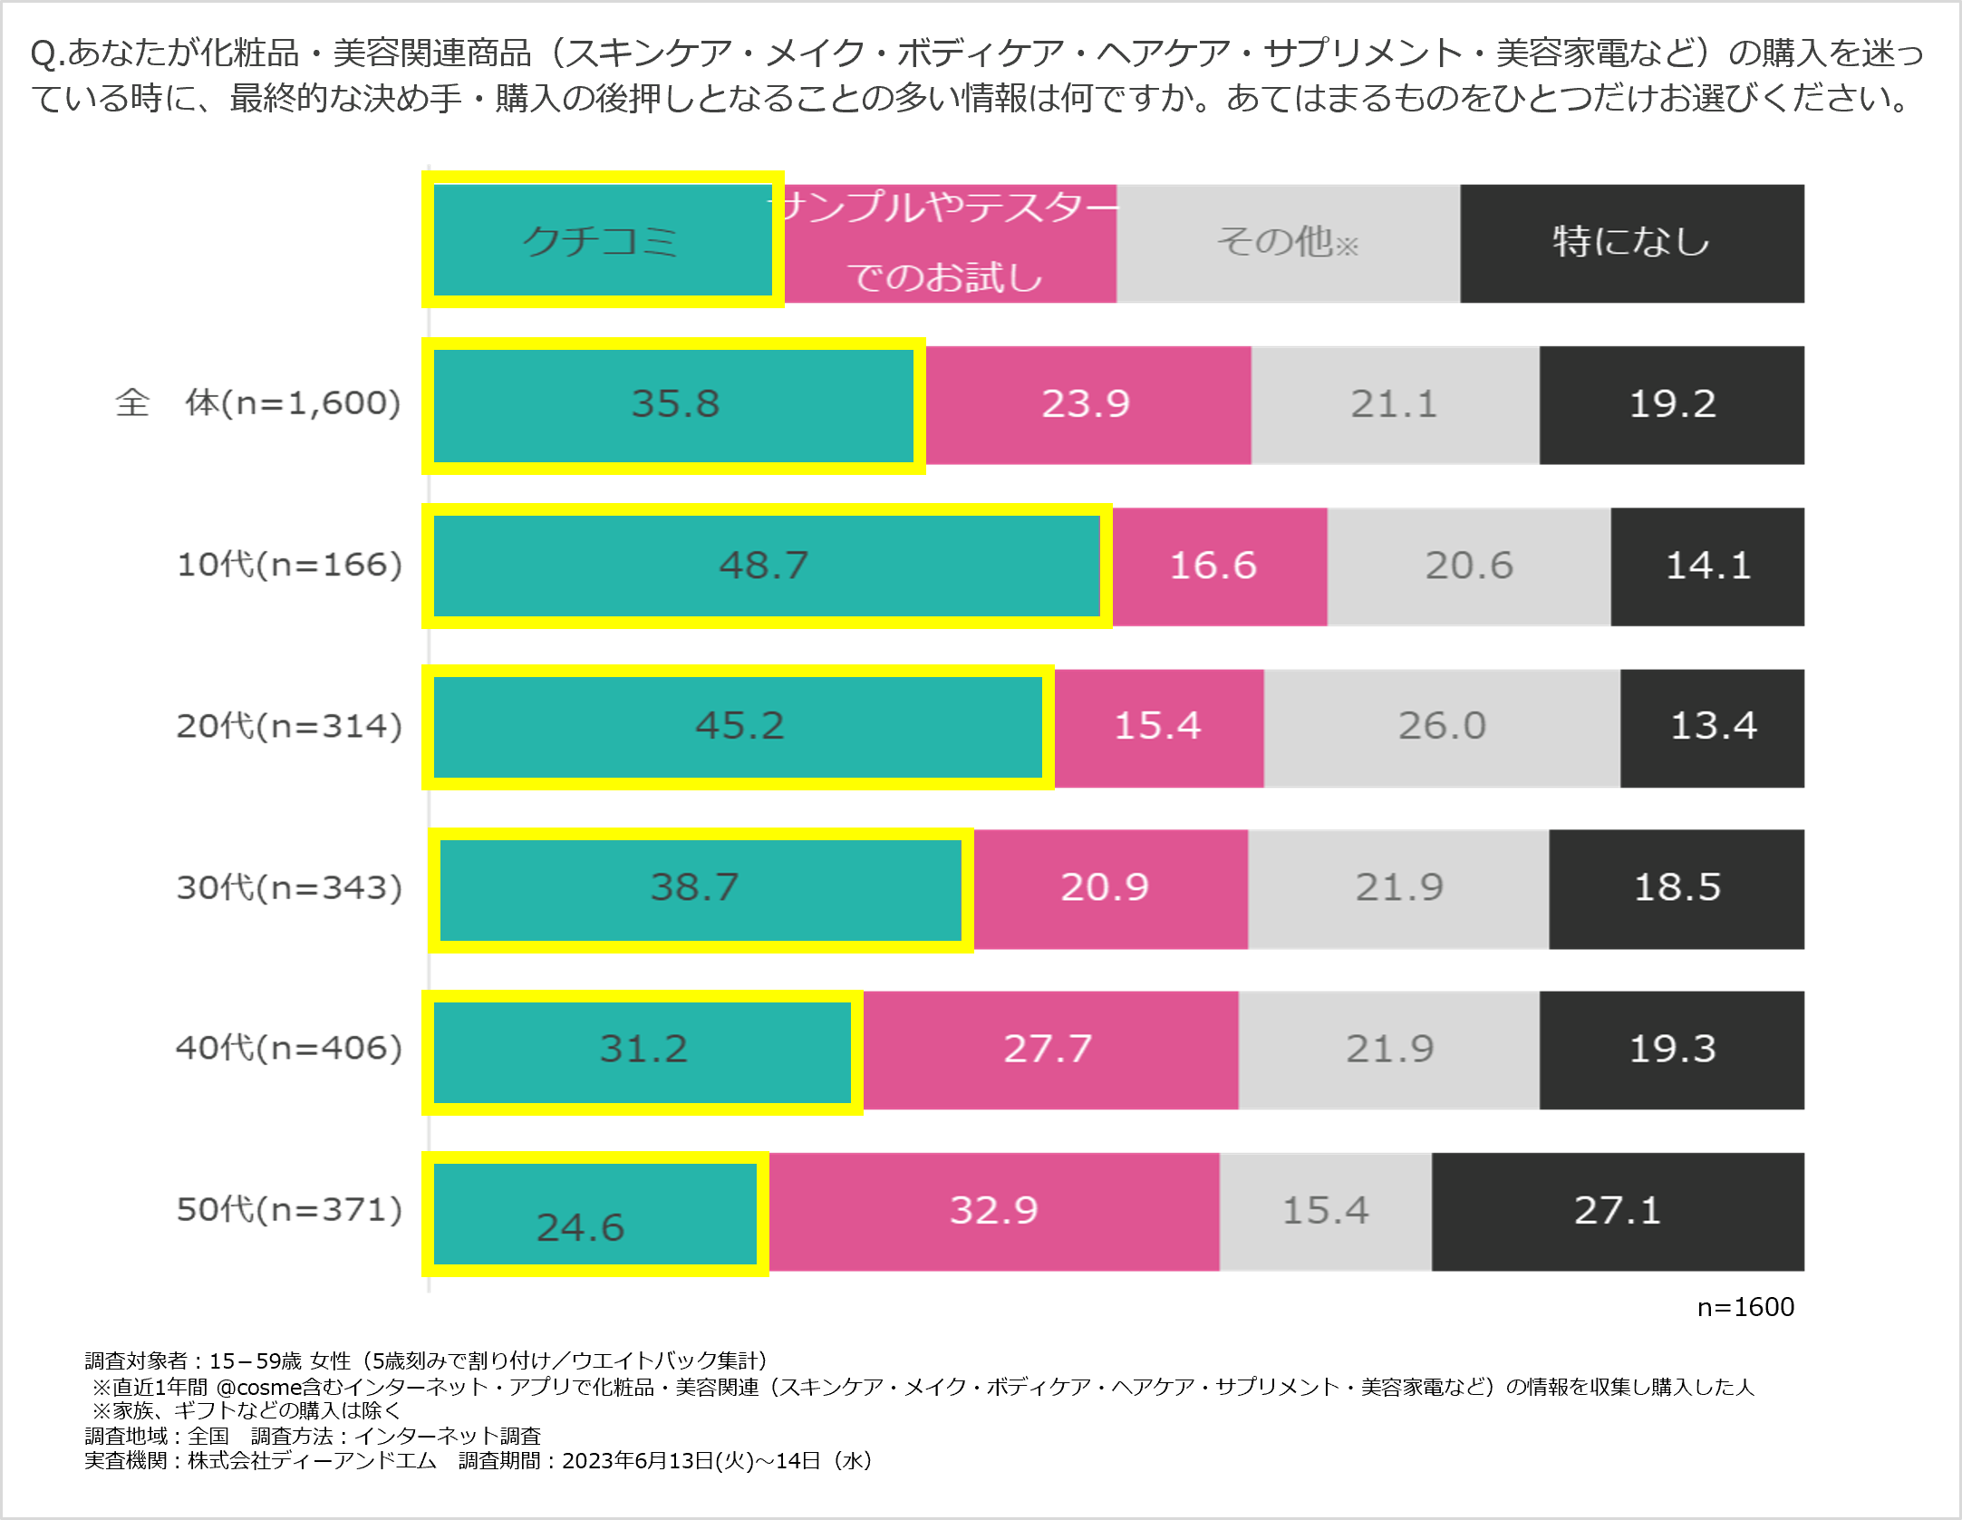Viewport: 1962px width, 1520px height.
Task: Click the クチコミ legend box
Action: tap(602, 241)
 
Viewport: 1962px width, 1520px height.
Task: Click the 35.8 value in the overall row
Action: tap(675, 404)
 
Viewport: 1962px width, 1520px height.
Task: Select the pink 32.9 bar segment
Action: tap(994, 1211)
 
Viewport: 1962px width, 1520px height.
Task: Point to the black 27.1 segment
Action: tap(1618, 1211)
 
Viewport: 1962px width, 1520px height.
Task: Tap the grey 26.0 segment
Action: tap(1441, 727)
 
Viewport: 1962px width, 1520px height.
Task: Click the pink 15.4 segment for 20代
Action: tap(1158, 727)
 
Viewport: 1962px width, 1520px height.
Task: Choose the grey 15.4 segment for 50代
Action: tap(1325, 1211)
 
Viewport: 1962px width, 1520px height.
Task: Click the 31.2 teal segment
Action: tap(643, 1050)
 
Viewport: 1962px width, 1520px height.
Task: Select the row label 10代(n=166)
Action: tap(289, 566)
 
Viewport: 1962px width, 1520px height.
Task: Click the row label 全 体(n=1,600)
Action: tap(258, 403)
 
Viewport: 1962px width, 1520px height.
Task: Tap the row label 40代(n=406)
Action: tap(289, 1049)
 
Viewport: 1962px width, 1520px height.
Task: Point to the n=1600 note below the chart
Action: tap(1745, 1307)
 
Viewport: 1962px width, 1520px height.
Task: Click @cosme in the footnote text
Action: tap(258, 1388)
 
